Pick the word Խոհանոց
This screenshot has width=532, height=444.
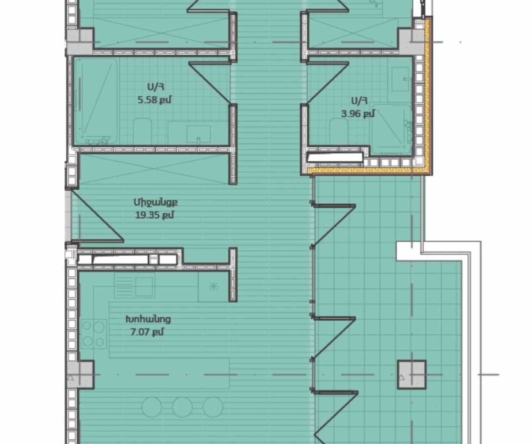pos(148,319)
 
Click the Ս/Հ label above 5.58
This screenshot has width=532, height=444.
pos(156,87)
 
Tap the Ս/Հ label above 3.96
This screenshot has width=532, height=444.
pos(359,101)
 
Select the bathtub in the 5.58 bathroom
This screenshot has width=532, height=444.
pos(96,102)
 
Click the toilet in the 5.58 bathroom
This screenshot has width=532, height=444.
pos(143,131)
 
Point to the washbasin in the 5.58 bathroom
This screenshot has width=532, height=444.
pos(199,135)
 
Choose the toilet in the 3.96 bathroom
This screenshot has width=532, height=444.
pos(339,132)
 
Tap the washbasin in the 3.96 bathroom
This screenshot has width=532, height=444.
pos(400,79)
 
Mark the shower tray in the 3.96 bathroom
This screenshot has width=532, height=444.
pos(391,129)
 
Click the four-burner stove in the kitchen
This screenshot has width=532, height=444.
pos(94,333)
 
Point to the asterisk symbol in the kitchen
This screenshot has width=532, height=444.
pos(214,286)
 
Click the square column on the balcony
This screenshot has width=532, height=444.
pos(412,374)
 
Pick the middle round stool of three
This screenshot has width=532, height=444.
pos(182,407)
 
